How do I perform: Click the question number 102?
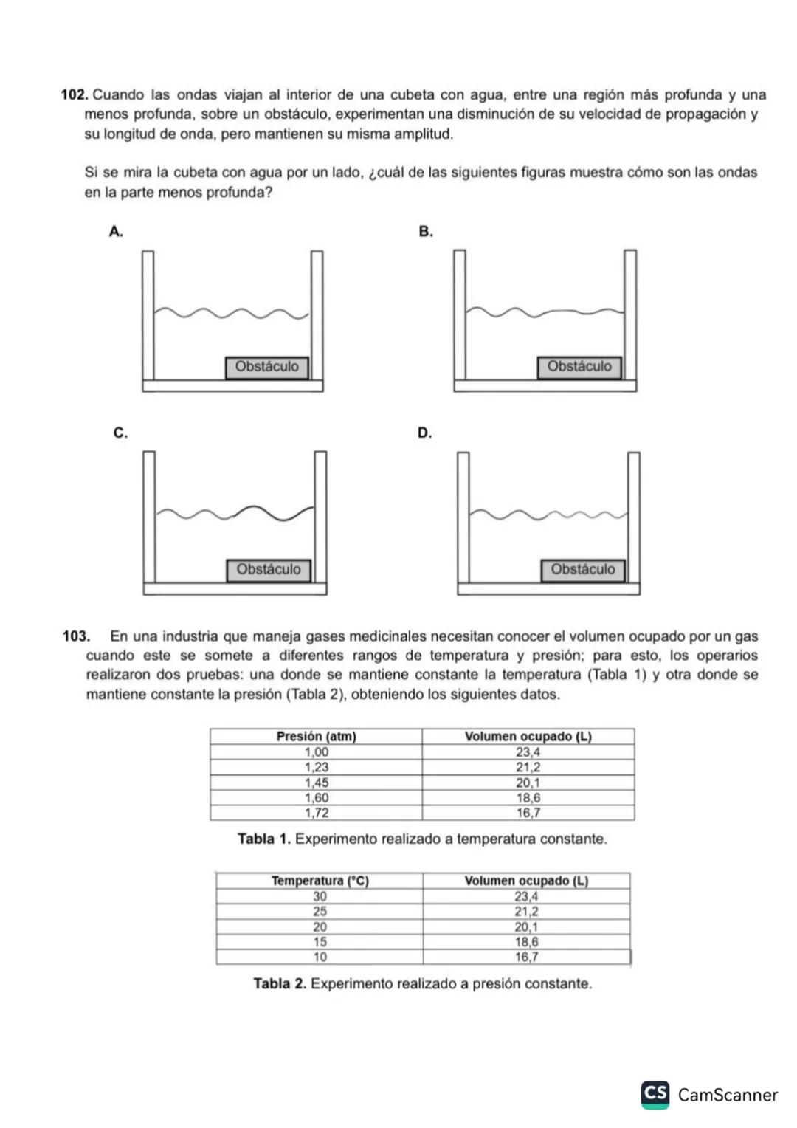75,95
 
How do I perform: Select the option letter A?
115,232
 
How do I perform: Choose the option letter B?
425,232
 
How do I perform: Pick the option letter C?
120,433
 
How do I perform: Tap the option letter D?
424,433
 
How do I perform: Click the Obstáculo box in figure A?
267,367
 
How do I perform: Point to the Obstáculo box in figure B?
579,367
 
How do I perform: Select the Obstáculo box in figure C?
269,569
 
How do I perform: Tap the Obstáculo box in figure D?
582,569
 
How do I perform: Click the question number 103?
76,636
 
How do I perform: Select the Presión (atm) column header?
316,736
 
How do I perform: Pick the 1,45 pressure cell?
317,783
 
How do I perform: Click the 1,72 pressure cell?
317,813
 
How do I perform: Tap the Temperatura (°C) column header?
320,881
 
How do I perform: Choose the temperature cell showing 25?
320,912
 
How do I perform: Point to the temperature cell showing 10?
320,957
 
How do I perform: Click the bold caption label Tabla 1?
263,839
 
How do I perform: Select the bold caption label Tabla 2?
279,984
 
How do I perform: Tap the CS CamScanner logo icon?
655,1094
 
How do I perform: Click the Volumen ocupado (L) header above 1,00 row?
528,736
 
